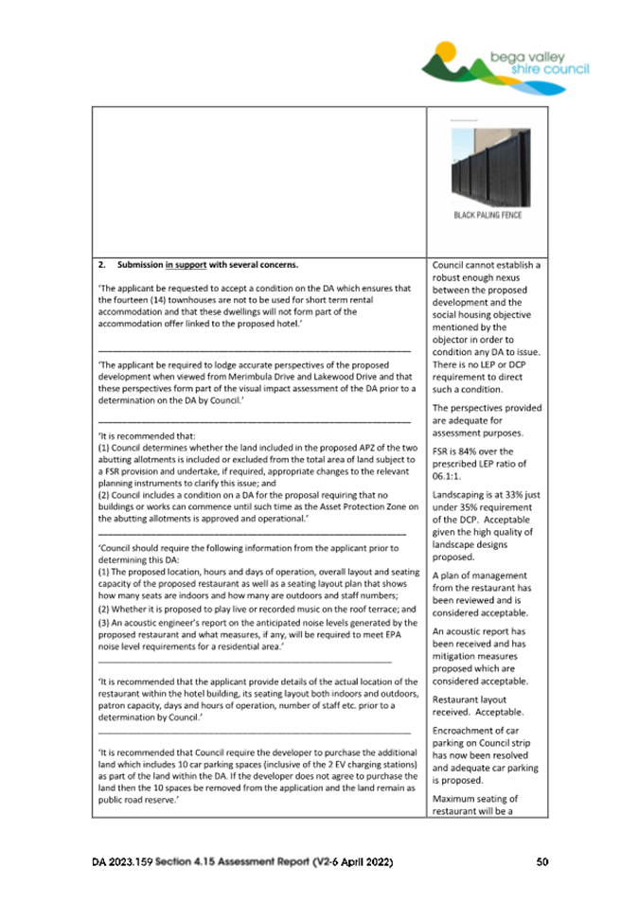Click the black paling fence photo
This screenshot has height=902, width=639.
pos(486,168)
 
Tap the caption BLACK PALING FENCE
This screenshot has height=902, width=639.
pos(488,215)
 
